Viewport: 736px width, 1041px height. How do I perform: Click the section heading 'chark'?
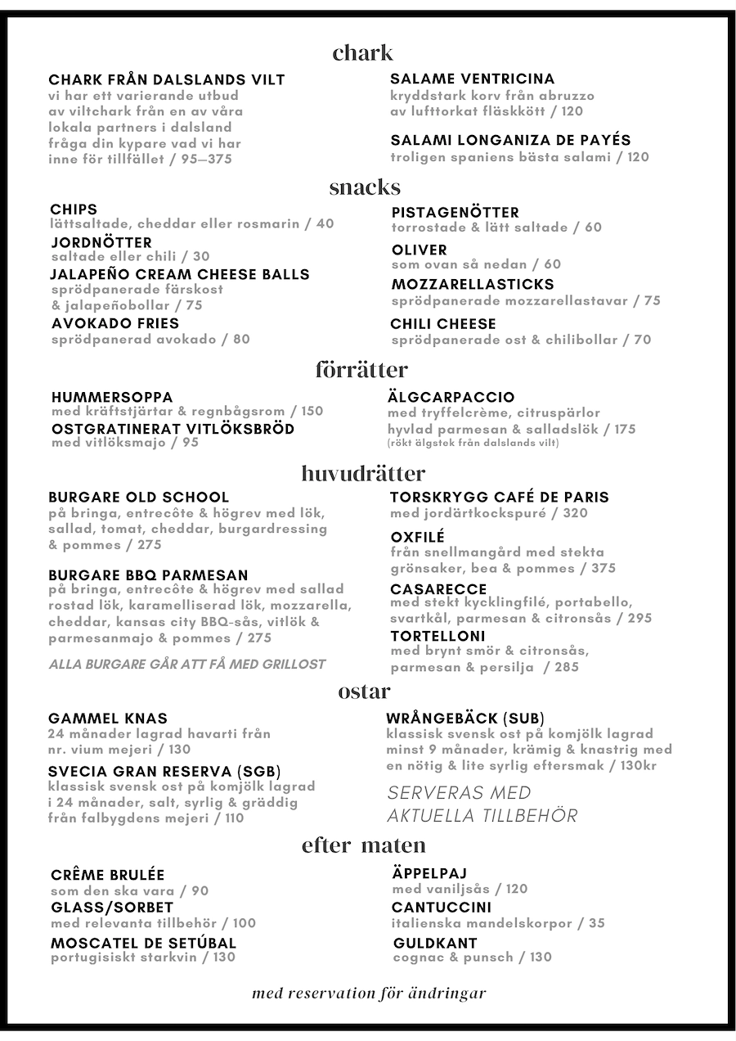[x=363, y=53]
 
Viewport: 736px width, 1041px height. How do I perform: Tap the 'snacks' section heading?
[x=365, y=187]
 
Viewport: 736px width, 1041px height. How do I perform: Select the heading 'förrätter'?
[x=361, y=370]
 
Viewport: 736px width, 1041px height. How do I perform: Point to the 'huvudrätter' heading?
[x=363, y=473]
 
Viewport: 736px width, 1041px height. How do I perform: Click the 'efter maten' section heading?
[x=364, y=845]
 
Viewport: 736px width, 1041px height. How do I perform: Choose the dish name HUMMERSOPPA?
[x=112, y=398]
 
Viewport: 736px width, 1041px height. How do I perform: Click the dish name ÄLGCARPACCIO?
[x=451, y=398]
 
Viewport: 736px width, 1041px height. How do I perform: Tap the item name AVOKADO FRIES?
[x=115, y=323]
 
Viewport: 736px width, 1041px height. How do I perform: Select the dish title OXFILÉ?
[x=418, y=537]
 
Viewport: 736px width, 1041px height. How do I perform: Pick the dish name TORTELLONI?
[x=438, y=636]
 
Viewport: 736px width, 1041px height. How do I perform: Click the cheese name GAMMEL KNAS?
[x=108, y=719]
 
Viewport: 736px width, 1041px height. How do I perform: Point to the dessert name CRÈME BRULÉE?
[x=108, y=875]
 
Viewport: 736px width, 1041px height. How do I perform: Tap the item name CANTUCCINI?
[x=442, y=907]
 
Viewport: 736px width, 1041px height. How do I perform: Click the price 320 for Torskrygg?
[x=575, y=513]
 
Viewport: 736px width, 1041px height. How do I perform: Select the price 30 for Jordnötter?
[x=201, y=256]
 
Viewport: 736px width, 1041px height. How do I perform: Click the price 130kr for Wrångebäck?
[x=639, y=765]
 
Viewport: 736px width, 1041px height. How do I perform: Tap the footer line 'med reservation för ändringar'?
[x=369, y=994]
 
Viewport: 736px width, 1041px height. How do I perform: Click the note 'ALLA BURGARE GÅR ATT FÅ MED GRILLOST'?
[x=187, y=665]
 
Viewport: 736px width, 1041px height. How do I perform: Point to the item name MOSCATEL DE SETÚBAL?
[x=143, y=943]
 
